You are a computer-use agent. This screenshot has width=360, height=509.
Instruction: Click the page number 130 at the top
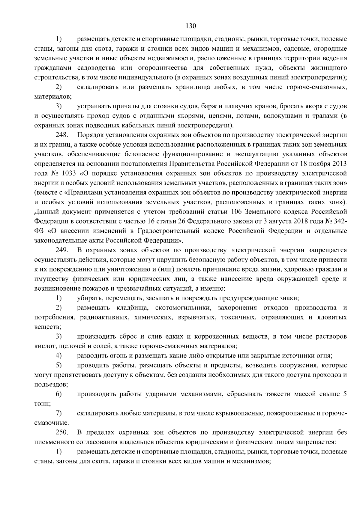click(x=190, y=26)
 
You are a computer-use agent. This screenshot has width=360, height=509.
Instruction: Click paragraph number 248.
click(x=62, y=135)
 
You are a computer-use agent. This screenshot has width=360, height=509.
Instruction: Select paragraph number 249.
click(x=62, y=250)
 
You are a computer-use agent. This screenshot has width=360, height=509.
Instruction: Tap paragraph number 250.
click(x=62, y=432)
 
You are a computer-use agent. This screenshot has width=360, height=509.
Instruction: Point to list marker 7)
click(x=59, y=414)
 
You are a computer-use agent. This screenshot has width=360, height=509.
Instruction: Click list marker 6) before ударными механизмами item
click(x=59, y=394)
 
